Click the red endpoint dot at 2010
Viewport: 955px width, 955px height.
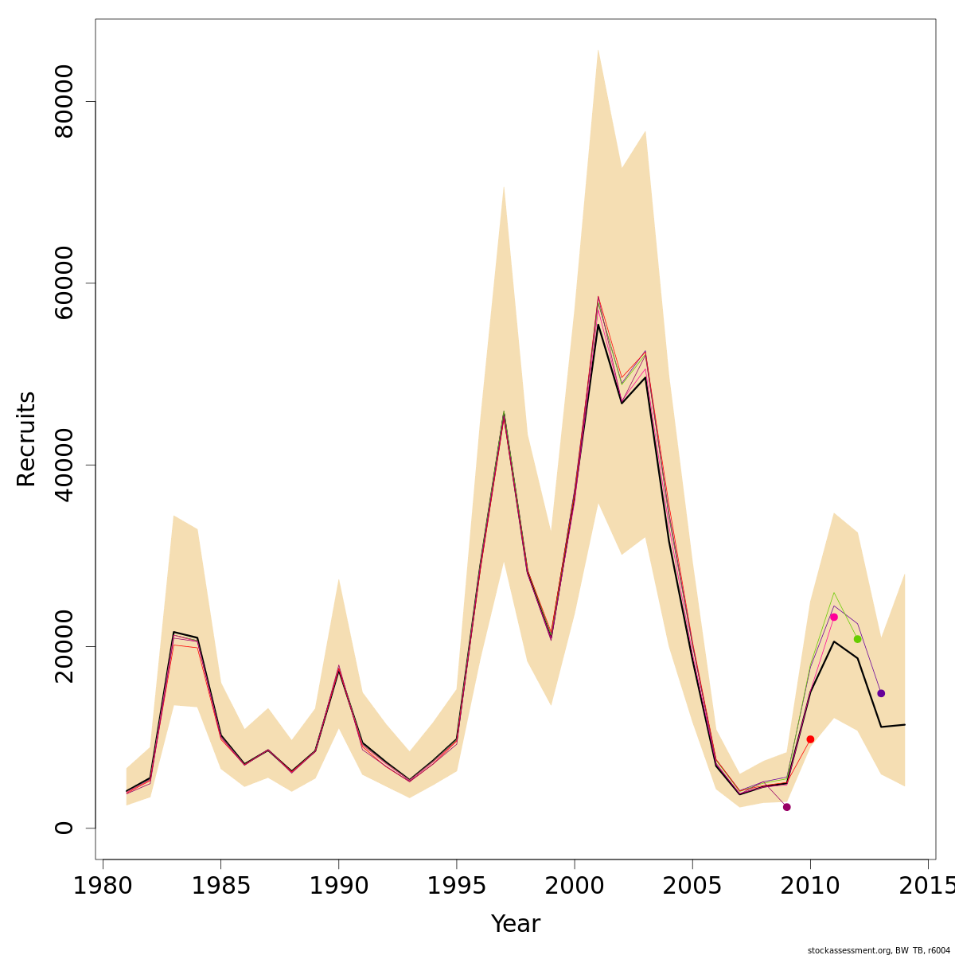pyautogui.click(x=810, y=739)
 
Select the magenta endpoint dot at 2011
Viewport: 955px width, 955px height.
pyautogui.click(x=834, y=617)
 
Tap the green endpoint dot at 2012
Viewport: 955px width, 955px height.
pyautogui.click(x=857, y=639)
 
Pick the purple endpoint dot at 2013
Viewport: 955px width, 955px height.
pyautogui.click(x=881, y=693)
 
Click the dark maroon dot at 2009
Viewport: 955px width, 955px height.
pyautogui.click(x=787, y=807)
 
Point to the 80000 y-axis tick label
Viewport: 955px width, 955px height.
pyautogui.click(x=62, y=102)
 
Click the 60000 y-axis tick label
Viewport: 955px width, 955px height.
pyautogui.click(x=62, y=283)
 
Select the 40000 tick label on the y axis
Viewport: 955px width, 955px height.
pyautogui.click(x=62, y=465)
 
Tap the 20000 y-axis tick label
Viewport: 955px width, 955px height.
pyautogui.click(x=62, y=646)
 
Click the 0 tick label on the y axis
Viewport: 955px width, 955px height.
pyautogui.click(x=62, y=828)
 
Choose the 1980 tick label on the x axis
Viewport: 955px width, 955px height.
pyautogui.click(x=103, y=886)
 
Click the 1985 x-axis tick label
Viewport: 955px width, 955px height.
pyautogui.click(x=220, y=886)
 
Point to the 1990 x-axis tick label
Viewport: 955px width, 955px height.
pyautogui.click(x=339, y=886)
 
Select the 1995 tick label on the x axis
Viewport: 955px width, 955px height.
pyautogui.click(x=457, y=886)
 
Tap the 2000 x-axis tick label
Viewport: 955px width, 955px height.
pyautogui.click(x=575, y=886)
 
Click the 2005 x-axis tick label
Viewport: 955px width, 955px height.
pyautogui.click(x=692, y=886)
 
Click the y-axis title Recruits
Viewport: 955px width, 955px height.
pyautogui.click(x=26, y=439)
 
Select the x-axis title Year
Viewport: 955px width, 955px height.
pyautogui.click(x=516, y=924)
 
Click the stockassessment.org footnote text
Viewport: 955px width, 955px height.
pyautogui.click(x=879, y=950)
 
